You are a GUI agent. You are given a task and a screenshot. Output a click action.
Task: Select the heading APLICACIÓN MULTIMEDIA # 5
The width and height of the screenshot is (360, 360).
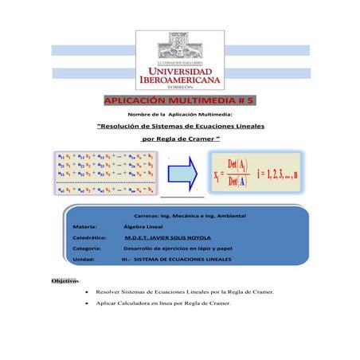pos(179,102)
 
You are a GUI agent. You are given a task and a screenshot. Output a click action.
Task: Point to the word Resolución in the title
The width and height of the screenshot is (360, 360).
pos(131,127)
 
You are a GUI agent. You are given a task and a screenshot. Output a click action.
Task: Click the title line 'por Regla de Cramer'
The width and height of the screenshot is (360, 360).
pos(179,141)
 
